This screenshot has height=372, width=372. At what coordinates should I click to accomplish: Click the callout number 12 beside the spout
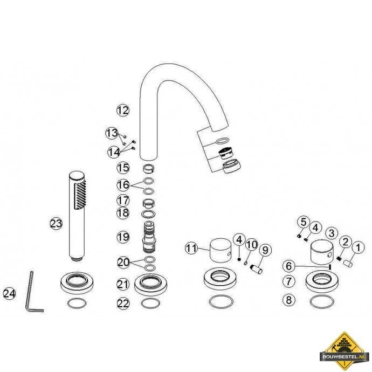[x=123, y=111]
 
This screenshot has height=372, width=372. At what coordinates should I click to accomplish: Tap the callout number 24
[x=9, y=293]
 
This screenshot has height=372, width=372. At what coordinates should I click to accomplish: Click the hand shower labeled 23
[x=77, y=216]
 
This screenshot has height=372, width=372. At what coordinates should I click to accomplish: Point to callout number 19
[x=123, y=237]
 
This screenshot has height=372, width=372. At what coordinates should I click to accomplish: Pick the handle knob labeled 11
[x=221, y=251]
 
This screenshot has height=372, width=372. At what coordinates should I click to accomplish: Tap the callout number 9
[x=265, y=250]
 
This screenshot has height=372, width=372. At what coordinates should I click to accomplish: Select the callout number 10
[x=251, y=244]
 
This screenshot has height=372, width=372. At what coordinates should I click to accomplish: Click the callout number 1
[x=358, y=247]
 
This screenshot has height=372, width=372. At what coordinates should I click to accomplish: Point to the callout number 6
[x=289, y=266]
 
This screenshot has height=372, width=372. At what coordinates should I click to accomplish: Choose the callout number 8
[x=289, y=300]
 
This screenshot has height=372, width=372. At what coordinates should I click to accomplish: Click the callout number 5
[x=304, y=222]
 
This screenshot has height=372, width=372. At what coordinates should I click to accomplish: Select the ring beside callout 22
[x=150, y=304]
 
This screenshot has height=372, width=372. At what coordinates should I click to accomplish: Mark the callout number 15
[x=123, y=168]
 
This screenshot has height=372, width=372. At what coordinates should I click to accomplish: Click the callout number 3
[x=332, y=233]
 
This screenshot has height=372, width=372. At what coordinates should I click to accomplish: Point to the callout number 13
[x=112, y=133]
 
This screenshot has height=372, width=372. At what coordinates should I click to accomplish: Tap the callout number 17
[x=123, y=200]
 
